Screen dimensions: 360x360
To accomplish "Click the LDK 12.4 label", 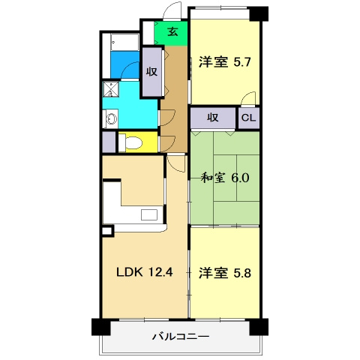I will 143,272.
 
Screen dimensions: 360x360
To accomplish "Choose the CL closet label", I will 249,118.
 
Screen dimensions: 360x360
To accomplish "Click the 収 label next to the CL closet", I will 212,118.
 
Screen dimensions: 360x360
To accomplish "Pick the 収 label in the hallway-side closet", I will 151,72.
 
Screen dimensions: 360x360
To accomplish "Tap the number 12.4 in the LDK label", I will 161,272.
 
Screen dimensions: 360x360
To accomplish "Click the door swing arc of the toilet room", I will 166,140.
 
